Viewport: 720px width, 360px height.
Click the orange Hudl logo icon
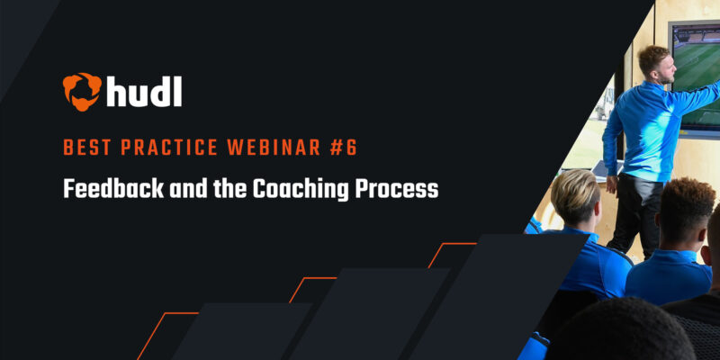[81, 91]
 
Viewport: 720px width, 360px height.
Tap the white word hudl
[142, 91]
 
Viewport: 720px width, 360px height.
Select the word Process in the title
[403, 190]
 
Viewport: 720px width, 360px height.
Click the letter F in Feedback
[68, 190]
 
